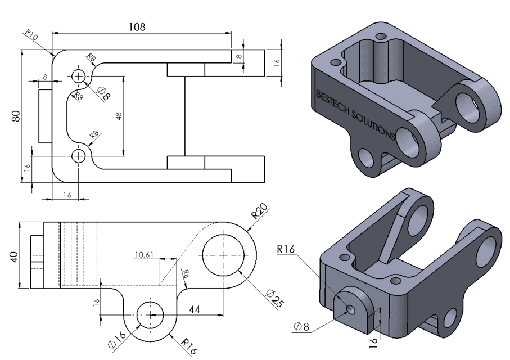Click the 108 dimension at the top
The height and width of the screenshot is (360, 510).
tap(137, 26)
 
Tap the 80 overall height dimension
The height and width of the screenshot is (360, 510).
tap(16, 116)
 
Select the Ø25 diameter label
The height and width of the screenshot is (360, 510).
tap(275, 298)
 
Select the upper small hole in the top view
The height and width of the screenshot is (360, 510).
tap(78, 76)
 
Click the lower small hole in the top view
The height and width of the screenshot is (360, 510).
tap(78, 155)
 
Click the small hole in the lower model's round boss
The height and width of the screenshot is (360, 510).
tap(350, 309)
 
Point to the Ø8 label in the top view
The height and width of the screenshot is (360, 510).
tap(103, 92)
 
